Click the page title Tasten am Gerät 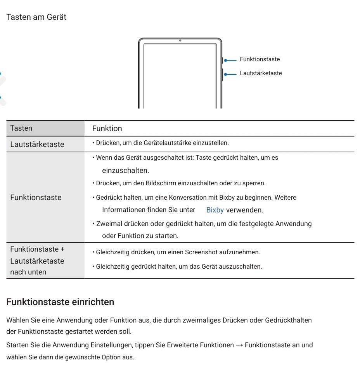pos(36,17)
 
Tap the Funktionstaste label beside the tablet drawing pos(260,59)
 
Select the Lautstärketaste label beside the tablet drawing pos(261,73)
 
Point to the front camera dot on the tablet pos(180,41)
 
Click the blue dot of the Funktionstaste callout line pos(225,60)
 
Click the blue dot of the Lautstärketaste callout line pos(225,74)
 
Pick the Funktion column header pos(107,128)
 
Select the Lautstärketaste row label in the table pos(37,144)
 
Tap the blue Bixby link pos(215,210)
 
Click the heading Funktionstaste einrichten pos(60,302)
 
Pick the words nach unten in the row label pos(28,272)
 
